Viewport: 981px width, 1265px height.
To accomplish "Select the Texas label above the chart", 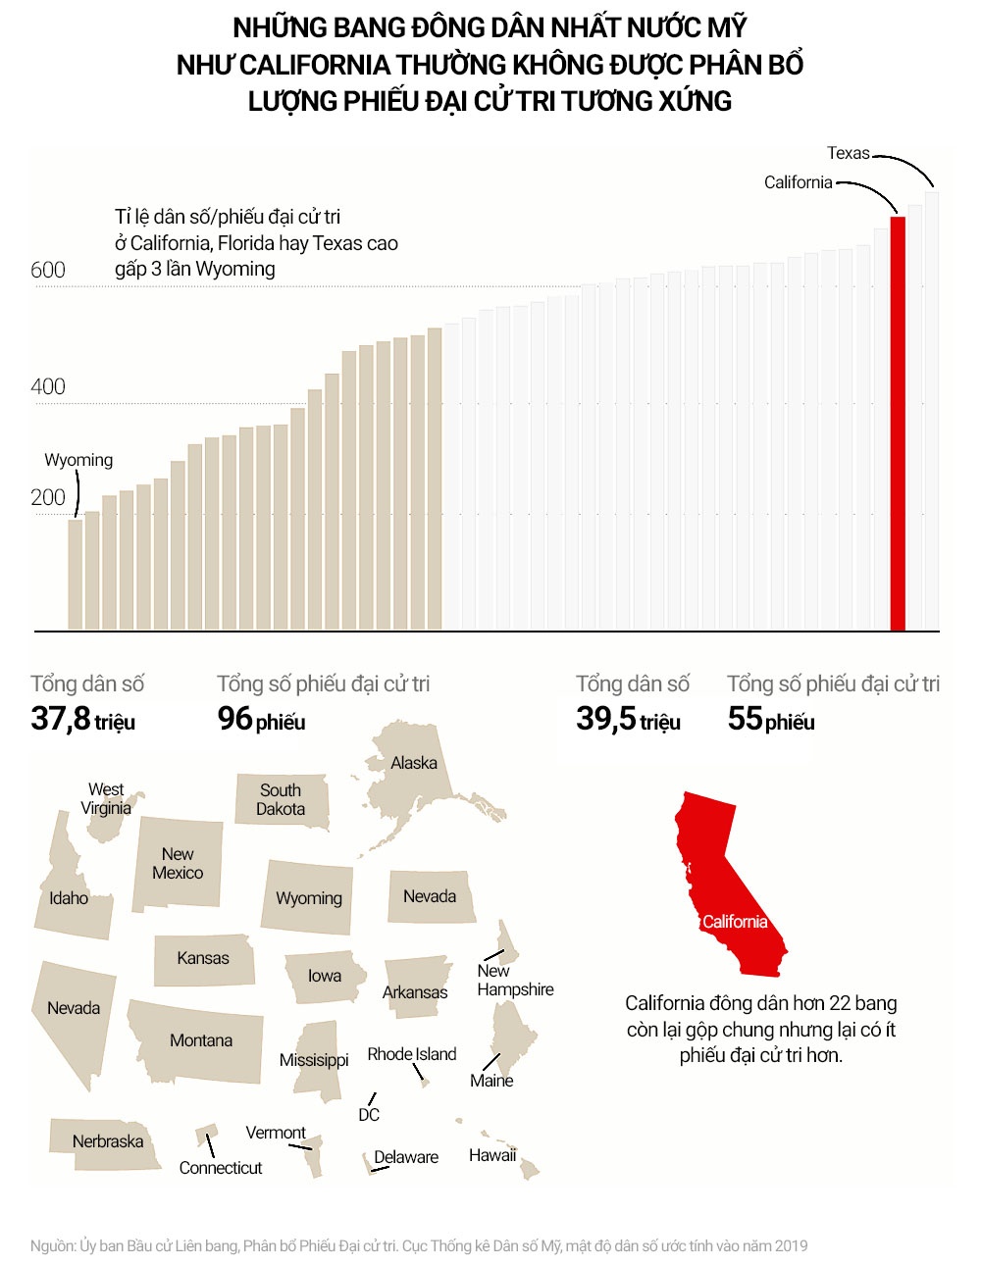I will tap(848, 153).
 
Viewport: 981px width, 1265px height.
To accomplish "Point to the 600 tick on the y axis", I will tap(48, 270).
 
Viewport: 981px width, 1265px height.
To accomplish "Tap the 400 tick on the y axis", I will tap(48, 386).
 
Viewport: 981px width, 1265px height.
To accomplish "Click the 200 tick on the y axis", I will tap(48, 497).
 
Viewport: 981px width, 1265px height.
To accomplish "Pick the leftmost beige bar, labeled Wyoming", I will tap(75, 574).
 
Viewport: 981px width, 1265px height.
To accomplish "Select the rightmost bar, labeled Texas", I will tap(932, 412).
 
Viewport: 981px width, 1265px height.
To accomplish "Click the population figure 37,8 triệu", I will tap(83, 719).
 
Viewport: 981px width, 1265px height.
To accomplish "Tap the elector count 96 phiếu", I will tap(261, 719).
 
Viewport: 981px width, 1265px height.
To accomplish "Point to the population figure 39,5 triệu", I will tap(628, 719).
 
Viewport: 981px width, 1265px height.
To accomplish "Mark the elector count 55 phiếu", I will tap(771, 719).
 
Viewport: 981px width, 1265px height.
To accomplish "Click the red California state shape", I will tap(731, 883).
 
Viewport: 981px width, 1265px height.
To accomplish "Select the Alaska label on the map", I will tap(414, 763).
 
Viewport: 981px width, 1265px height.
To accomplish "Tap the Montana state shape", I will tap(200, 1040).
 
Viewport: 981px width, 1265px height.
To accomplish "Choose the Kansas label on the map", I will tap(203, 958).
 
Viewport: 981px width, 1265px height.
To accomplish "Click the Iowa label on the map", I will tap(325, 976).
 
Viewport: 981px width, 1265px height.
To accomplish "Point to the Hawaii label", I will tap(492, 1155).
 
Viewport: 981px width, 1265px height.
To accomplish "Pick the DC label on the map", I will tap(369, 1115).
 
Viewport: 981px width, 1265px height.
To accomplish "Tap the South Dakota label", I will tap(281, 799).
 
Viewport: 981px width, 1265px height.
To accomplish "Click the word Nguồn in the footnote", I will tap(52, 1245).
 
